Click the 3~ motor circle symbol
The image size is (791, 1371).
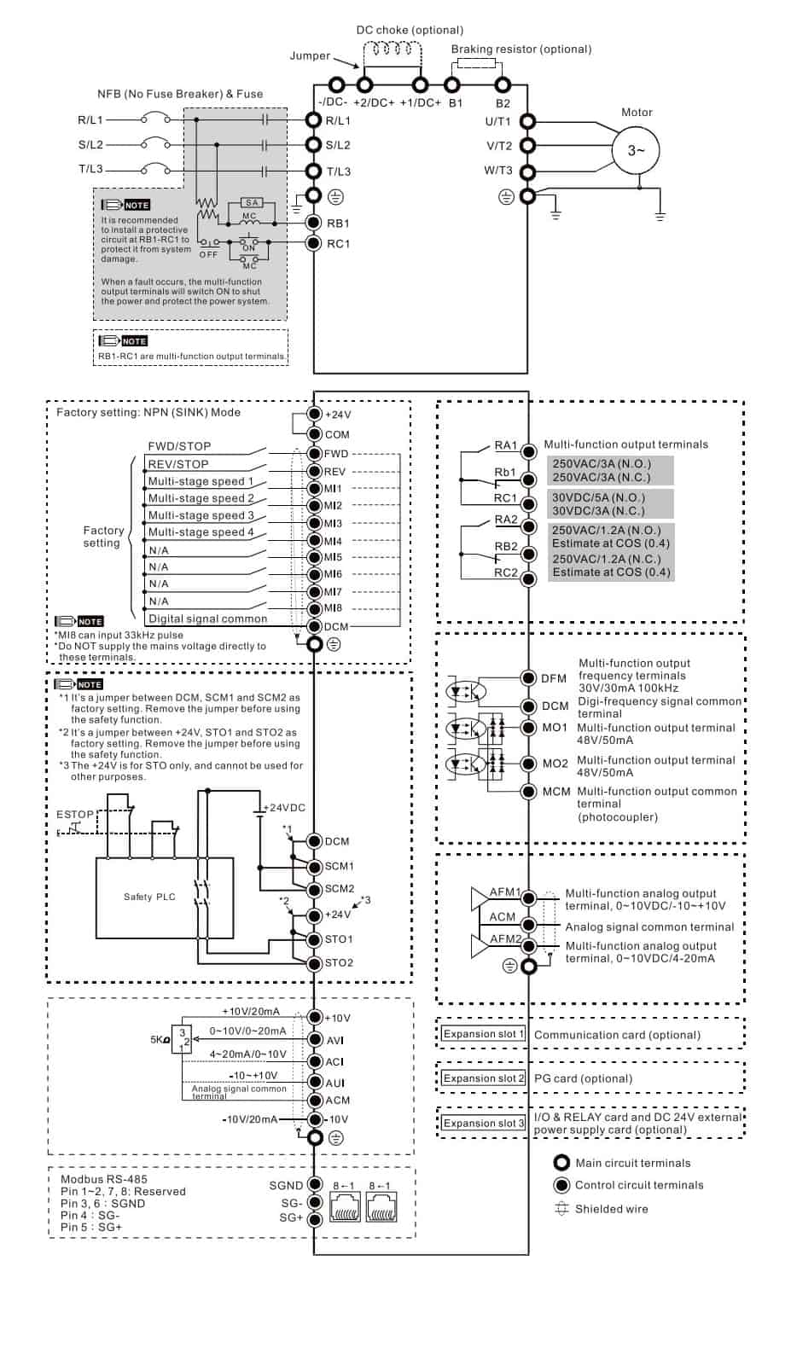(x=636, y=150)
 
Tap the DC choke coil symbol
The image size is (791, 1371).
(x=393, y=49)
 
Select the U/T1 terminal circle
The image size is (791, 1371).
(x=527, y=121)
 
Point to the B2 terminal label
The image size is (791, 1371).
(x=503, y=103)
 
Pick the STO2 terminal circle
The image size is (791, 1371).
(x=314, y=962)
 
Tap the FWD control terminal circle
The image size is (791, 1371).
(x=314, y=454)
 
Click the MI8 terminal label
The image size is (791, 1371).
(x=333, y=607)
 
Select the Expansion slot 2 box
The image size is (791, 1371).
(x=484, y=1078)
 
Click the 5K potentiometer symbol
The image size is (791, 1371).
(x=182, y=1039)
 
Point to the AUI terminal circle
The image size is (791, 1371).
(x=314, y=1082)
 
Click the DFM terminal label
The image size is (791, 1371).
(x=554, y=678)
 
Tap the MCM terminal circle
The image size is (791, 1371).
(x=528, y=792)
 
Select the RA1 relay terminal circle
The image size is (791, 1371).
(x=528, y=451)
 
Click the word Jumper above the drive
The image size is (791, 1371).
(x=310, y=55)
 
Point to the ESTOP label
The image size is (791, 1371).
(x=75, y=814)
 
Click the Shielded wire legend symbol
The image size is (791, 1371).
(x=561, y=1209)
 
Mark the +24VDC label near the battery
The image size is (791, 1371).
(x=284, y=807)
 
